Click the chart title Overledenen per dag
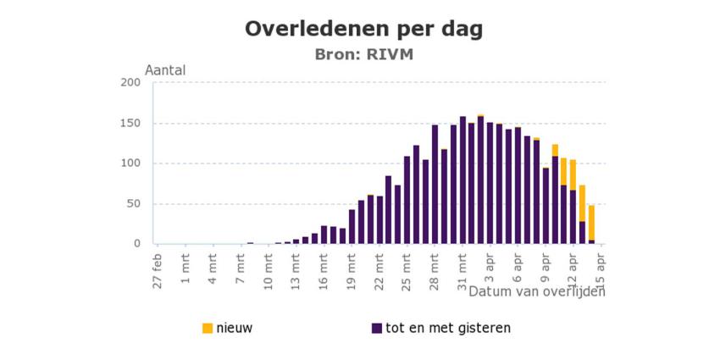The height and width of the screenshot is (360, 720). point(363,29)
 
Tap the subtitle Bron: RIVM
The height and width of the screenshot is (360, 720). point(363,54)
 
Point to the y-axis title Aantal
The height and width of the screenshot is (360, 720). point(165,70)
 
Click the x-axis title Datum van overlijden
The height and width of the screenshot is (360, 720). point(537,291)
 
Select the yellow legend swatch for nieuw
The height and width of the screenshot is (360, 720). point(208,328)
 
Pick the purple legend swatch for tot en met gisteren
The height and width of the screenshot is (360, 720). point(376,328)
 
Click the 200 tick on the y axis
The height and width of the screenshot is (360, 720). point(130,82)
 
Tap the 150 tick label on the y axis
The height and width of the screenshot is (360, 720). point(130,123)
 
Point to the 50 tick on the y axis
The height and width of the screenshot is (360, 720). point(133,203)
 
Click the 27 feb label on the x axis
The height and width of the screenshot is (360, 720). point(158,269)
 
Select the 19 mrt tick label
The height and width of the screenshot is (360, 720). point(352,269)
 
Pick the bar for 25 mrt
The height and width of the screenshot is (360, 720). point(407,200)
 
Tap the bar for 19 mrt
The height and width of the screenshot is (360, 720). point(352,226)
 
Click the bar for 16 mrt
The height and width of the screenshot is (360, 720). point(324,235)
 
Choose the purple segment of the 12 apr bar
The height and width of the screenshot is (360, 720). point(573,217)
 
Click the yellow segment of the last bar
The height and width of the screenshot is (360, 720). point(592,223)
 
